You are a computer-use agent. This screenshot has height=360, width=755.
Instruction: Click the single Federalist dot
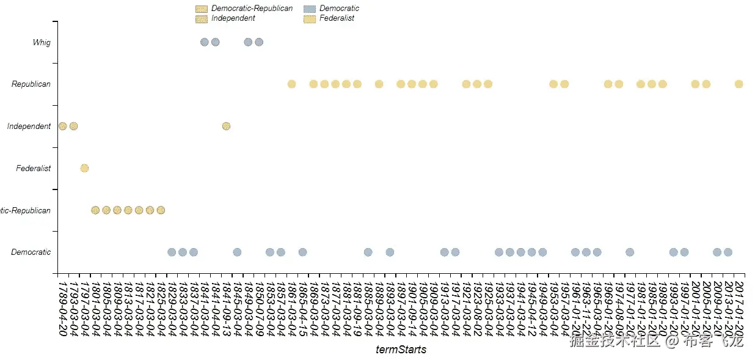[x=84, y=168]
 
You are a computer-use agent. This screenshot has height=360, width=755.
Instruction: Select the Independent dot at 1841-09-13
[x=226, y=126]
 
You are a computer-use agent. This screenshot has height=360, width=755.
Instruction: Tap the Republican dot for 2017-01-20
[x=739, y=84]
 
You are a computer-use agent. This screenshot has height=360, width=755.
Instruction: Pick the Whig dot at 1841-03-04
[x=205, y=42]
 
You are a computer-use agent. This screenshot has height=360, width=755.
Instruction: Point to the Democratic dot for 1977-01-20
[x=630, y=252]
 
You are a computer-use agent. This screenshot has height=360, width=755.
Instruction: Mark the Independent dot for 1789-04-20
[x=62, y=126]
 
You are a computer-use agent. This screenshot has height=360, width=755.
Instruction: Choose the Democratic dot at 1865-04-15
[x=302, y=252]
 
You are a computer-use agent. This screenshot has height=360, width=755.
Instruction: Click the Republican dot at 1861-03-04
[x=291, y=84]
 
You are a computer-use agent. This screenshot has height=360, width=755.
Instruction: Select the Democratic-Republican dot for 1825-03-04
[x=161, y=210]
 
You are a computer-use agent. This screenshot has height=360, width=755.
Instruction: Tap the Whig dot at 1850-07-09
[x=259, y=42]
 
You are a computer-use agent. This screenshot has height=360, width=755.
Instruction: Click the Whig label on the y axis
[x=42, y=43]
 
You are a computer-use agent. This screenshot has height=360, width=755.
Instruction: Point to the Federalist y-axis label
[x=34, y=169]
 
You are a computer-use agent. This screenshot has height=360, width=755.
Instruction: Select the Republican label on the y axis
[x=31, y=84]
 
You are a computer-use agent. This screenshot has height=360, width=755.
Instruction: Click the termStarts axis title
[x=401, y=350]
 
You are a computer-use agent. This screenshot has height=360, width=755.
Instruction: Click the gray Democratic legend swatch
[x=310, y=9]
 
